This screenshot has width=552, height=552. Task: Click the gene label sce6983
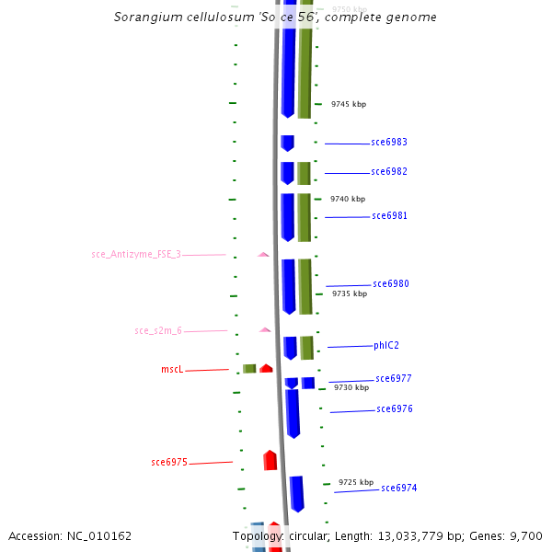point(389,142)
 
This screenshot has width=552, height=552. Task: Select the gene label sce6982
point(389,171)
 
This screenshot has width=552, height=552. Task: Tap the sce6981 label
point(389,215)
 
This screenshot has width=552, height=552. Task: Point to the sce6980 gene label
point(391,283)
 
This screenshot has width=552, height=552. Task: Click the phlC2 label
point(386,345)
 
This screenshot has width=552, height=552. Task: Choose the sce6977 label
point(394,378)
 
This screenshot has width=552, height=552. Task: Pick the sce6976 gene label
point(395,408)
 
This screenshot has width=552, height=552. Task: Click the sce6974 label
point(399,488)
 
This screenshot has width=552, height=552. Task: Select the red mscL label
point(172,369)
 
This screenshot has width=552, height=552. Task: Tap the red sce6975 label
point(169,462)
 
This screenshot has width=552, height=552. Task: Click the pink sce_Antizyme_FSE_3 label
point(136,254)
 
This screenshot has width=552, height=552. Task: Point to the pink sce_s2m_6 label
point(158,330)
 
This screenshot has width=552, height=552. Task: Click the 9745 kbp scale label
point(349,104)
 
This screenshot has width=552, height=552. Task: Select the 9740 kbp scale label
point(348,199)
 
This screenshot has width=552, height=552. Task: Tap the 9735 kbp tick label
point(349,293)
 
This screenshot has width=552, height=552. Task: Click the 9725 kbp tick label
point(356,482)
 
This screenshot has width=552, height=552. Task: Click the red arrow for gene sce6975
point(270,460)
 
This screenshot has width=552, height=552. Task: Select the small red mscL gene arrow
point(266,368)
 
